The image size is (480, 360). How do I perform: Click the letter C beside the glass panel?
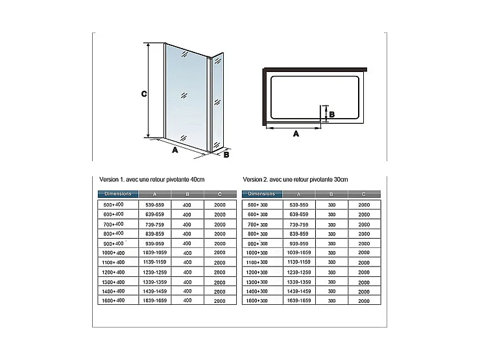pos(144,93)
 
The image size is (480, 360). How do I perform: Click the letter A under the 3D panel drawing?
pos(174,150)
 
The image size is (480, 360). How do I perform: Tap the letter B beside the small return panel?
pos(226,154)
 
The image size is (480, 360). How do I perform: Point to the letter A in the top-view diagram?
pos(296,134)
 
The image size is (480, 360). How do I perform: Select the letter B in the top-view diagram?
pos(331,114)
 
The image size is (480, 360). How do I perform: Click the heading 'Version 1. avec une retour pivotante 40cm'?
pos(152,179)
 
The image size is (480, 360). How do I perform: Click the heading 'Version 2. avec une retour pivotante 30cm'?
pos(295,179)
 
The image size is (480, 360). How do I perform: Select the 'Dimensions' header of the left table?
pos(117,194)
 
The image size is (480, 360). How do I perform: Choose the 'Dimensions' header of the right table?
pos(261,194)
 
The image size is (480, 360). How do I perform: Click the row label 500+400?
pos(114,204)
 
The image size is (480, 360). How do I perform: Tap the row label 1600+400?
pos(114,300)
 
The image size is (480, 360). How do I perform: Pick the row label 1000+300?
pos(258,252)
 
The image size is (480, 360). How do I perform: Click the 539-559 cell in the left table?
pos(154,204)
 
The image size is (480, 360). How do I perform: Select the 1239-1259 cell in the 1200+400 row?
pos(154,272)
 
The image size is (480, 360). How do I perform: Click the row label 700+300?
pos(258,224)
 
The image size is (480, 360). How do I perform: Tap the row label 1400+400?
pos(114,291)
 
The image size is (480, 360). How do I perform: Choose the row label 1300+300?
pos(258,282)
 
